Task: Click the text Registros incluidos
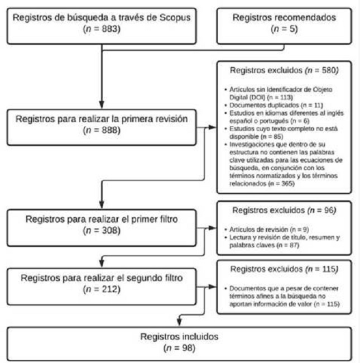pyautogui.click(x=180, y=337)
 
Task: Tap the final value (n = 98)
pyautogui.click(x=180, y=348)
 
